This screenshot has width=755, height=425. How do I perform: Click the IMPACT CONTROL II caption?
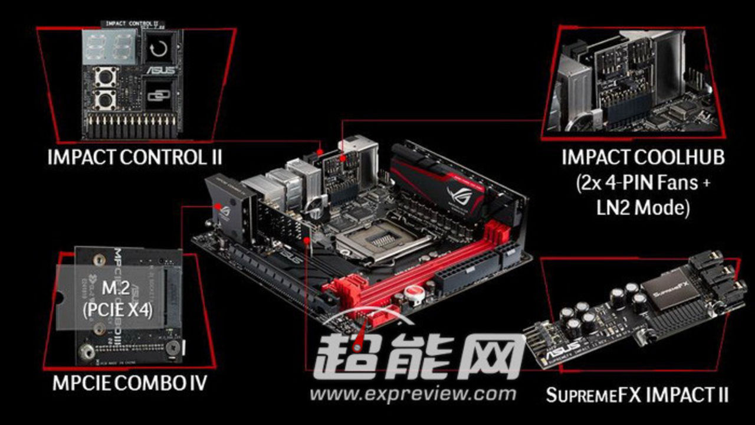135,158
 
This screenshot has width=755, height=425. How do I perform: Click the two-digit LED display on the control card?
107,45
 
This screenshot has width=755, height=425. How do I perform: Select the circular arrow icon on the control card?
157,48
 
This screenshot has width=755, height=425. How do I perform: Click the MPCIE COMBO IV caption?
130,383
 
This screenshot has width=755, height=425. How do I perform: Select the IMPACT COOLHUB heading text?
642,158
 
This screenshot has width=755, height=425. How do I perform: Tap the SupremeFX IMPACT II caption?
636,394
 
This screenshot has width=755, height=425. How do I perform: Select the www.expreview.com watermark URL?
413,394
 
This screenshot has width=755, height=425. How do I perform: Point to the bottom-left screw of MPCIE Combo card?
87,353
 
